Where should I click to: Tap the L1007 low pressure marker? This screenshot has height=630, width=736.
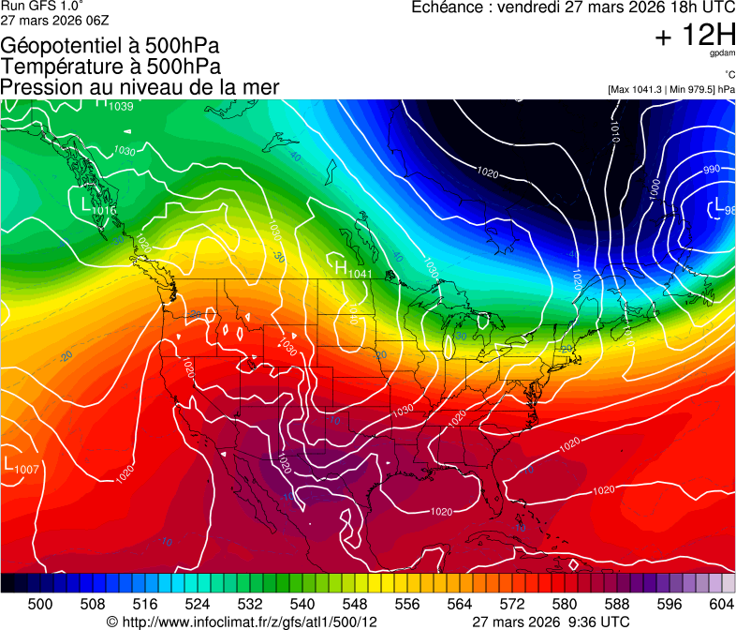(x=21, y=466)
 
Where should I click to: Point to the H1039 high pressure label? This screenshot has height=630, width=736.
(x=114, y=105)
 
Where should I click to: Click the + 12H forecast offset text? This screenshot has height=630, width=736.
(x=694, y=36)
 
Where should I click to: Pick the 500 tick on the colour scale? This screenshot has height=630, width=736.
(x=40, y=603)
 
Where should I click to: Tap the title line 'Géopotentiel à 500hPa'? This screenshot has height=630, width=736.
(x=110, y=46)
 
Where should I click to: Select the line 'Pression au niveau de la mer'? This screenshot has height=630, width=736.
(x=140, y=87)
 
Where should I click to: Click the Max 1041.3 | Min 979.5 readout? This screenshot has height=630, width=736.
(x=670, y=89)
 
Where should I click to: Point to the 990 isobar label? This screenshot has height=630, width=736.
(x=712, y=170)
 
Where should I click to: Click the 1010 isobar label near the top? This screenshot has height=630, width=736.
(x=614, y=131)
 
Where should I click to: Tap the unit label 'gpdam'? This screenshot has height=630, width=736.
(x=722, y=53)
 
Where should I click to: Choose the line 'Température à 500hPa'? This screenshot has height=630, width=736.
(x=110, y=67)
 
